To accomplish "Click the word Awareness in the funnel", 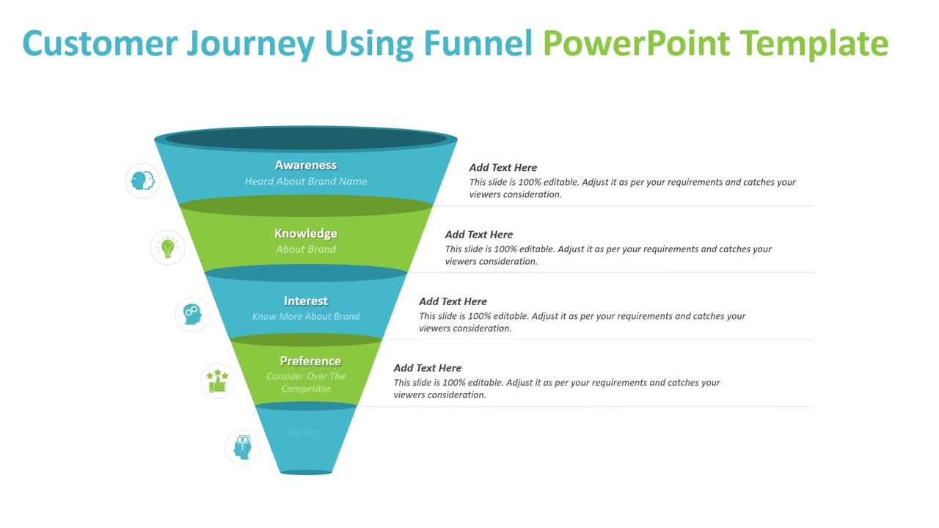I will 306,166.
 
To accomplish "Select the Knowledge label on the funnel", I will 306,233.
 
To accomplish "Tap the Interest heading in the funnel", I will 306,301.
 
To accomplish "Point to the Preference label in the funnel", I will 310,361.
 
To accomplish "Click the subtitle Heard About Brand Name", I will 306,181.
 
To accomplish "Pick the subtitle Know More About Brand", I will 306,317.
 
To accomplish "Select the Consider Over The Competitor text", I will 306,383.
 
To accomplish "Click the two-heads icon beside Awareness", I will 142,180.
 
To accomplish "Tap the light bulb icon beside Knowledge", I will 168,247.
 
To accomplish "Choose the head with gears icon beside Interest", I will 192,314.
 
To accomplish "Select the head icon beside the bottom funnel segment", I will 242,447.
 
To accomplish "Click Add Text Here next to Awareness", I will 503,168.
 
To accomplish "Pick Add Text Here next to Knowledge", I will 479,235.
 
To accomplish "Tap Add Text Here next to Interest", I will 453,301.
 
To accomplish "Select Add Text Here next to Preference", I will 428,368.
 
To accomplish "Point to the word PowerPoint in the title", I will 635,44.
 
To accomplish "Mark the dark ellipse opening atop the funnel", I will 306,138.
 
